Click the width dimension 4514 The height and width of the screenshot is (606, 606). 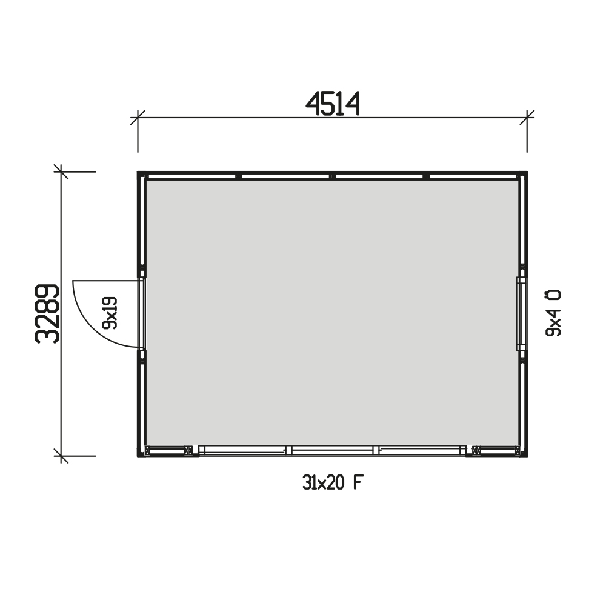tap(333, 104)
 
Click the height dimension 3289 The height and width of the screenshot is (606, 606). tap(47, 314)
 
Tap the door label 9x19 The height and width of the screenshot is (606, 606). tap(109, 313)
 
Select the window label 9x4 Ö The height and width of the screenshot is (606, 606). tap(553, 313)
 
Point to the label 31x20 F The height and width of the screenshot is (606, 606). tap(333, 483)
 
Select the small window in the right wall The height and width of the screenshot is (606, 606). tap(520, 314)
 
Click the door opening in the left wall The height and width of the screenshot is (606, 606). tap(142, 313)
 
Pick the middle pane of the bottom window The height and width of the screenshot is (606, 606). tap(332, 450)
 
